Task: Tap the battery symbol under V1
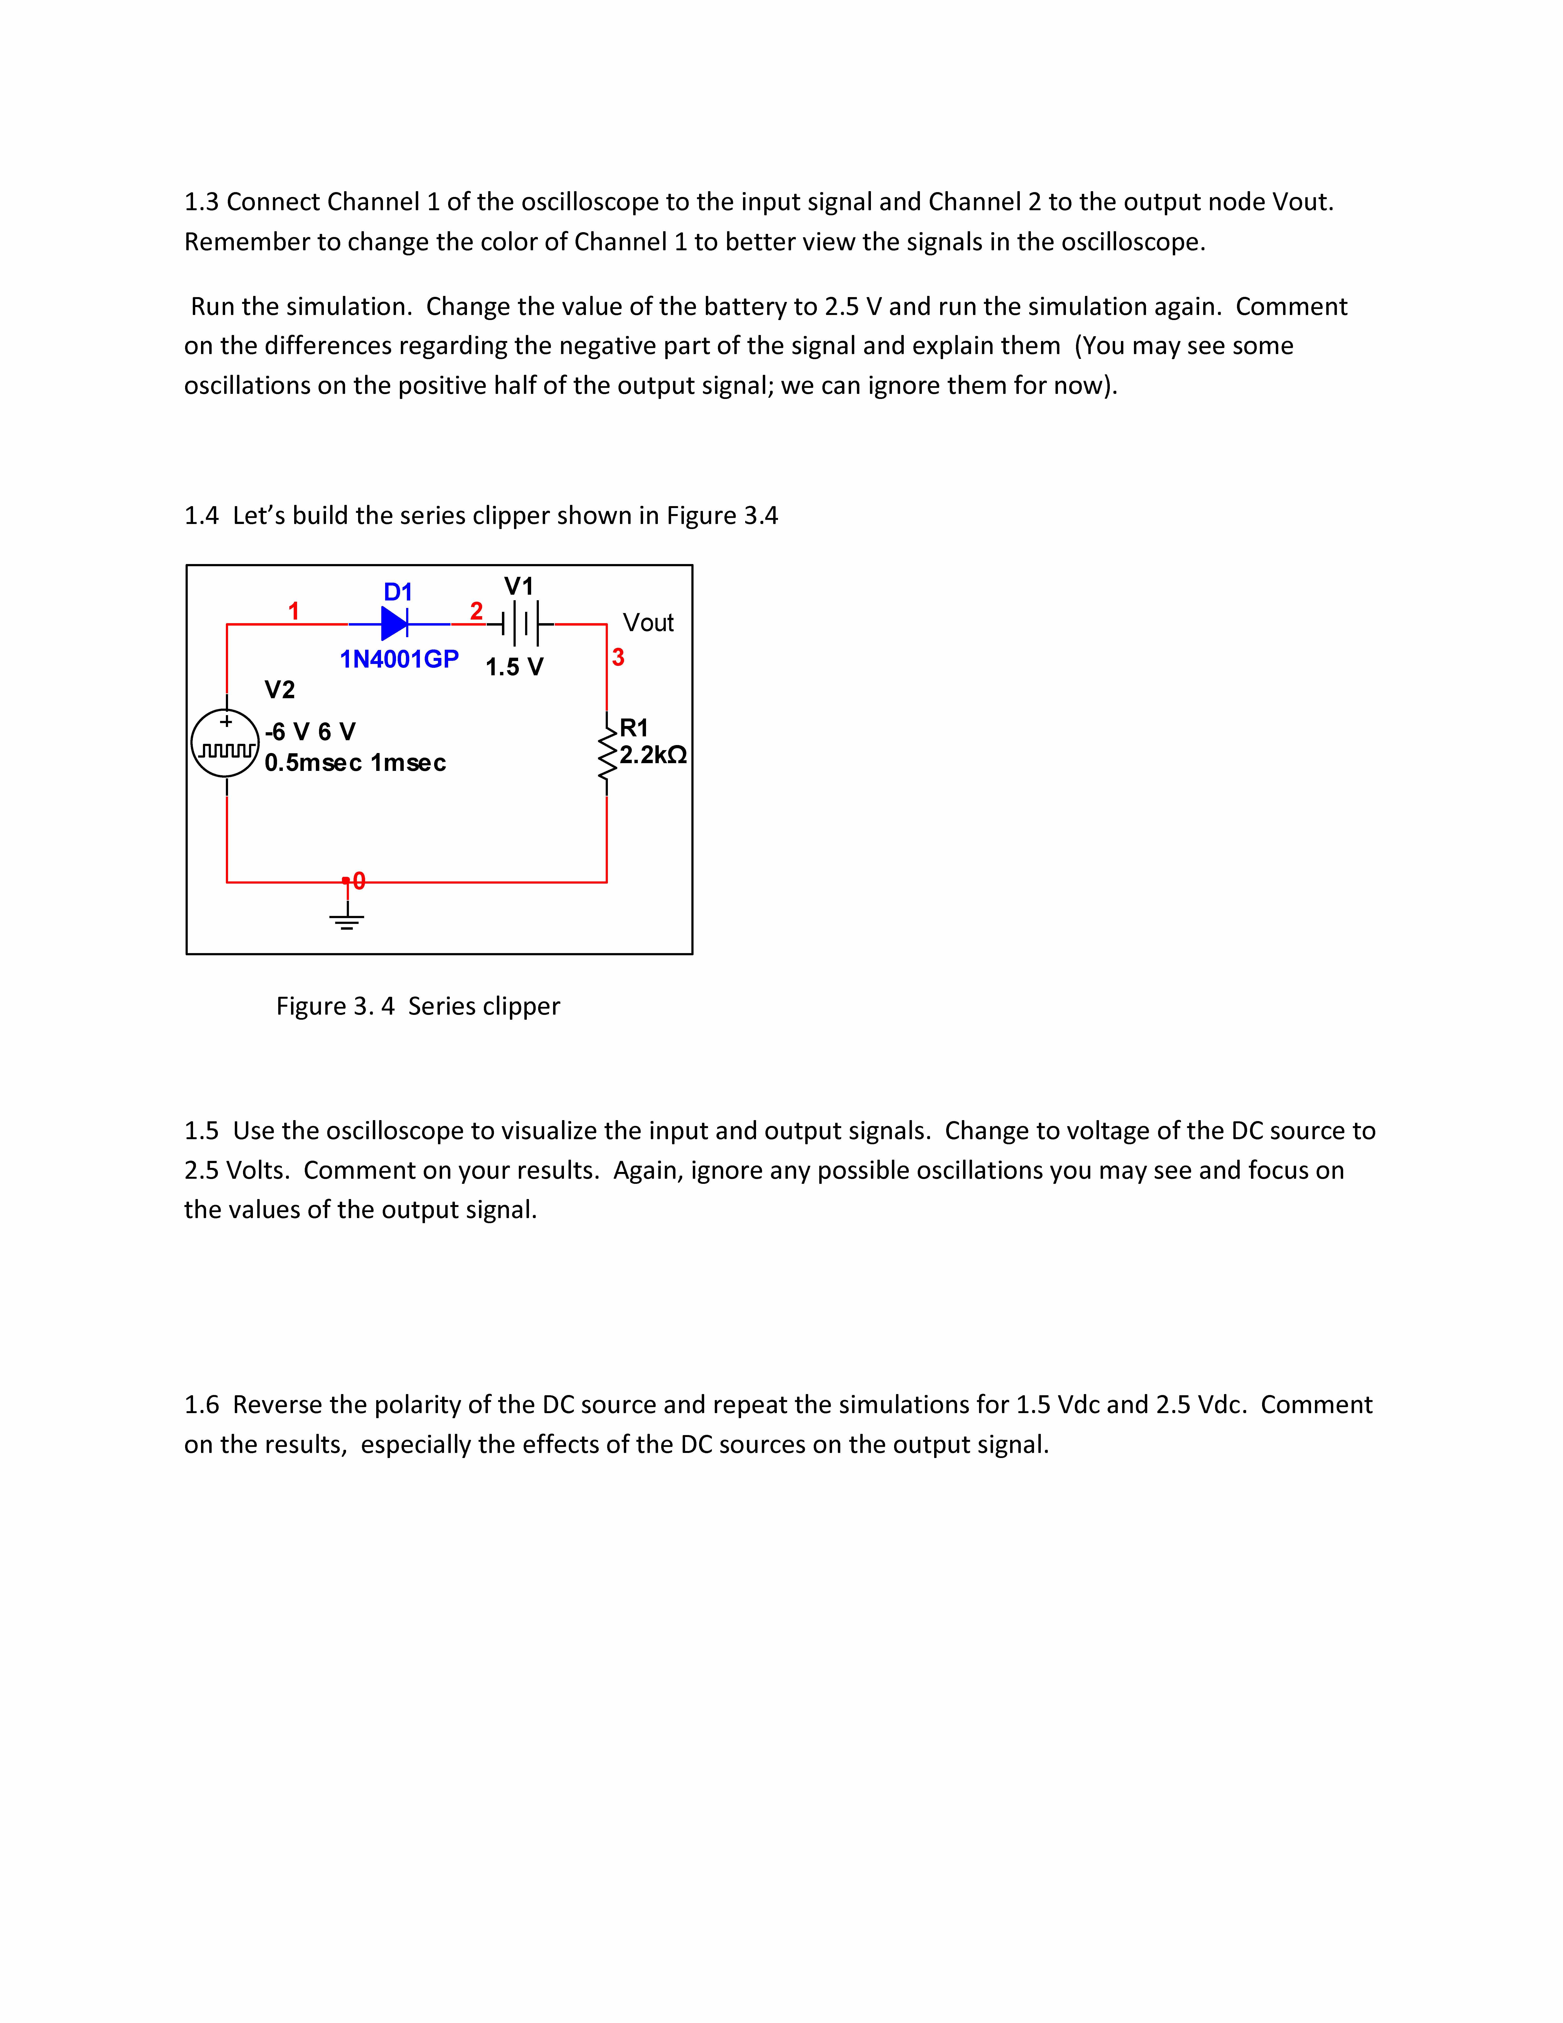(x=520, y=624)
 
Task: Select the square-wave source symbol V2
(x=225, y=744)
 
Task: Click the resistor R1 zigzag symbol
(x=607, y=755)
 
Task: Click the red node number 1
(x=293, y=611)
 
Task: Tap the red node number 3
(x=618, y=658)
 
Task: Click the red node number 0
(x=359, y=881)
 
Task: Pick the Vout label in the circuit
(x=648, y=623)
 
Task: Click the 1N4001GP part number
(x=399, y=660)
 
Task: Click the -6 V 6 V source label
(x=310, y=732)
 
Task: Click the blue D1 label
(x=398, y=592)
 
